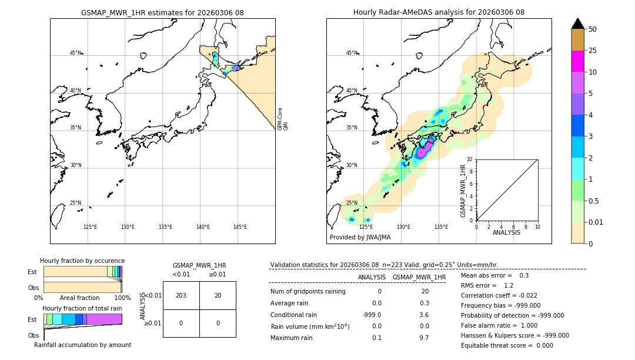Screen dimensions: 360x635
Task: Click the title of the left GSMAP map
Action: pyautogui.click(x=162, y=12)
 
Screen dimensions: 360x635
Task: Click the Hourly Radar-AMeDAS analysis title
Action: pyautogui.click(x=439, y=12)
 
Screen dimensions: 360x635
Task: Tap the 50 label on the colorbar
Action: pyautogui.click(x=593, y=29)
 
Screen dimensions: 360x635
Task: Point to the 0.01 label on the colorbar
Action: pyautogui.click(x=596, y=222)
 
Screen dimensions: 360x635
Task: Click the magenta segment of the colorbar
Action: pyautogui.click(x=577, y=61)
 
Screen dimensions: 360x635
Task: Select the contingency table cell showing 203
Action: pyautogui.click(x=181, y=295)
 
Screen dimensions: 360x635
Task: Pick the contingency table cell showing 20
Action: pyautogui.click(x=218, y=295)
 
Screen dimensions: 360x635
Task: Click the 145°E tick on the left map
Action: pyautogui.click(x=240, y=227)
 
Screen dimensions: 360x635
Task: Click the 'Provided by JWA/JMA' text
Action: pyautogui.click(x=360, y=238)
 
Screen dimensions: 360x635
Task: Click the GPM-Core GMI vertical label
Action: pyautogui.click(x=283, y=118)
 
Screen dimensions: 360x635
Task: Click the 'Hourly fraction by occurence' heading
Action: pyautogui.click(x=82, y=261)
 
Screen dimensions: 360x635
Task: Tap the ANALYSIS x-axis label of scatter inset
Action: pyautogui.click(x=507, y=232)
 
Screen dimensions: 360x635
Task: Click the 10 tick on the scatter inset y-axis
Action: pyautogui.click(x=470, y=159)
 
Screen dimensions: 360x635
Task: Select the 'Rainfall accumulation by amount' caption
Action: pyautogui.click(x=82, y=345)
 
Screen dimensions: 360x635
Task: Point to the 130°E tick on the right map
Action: pyautogui.click(x=403, y=227)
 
